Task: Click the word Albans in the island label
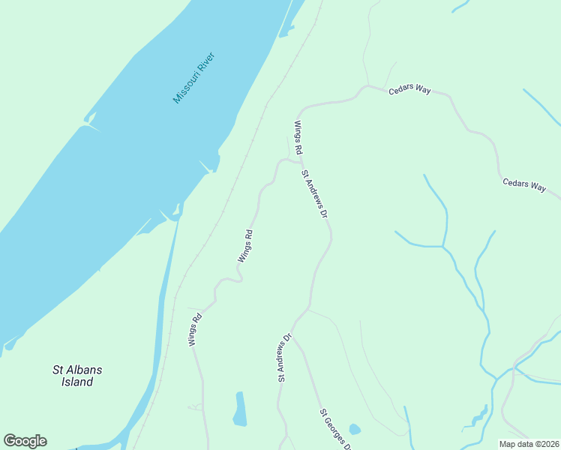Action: [x=82, y=370]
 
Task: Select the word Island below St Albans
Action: [x=77, y=382]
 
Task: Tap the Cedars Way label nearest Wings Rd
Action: [x=409, y=90]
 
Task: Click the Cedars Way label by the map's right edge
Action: [x=523, y=185]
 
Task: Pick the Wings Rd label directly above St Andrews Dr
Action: [x=298, y=137]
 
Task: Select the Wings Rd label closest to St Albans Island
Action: [x=195, y=328]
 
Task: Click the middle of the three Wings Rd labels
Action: [x=245, y=245]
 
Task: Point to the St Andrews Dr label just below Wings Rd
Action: [x=316, y=194]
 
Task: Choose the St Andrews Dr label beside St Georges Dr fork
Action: [x=284, y=358]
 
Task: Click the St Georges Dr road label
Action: [x=335, y=429]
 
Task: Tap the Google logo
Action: [x=25, y=441]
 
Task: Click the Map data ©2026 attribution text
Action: [x=529, y=444]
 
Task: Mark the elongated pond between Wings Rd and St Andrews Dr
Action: [x=240, y=409]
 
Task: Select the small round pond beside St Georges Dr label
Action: [x=355, y=430]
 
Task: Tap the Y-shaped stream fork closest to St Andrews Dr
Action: [x=443, y=245]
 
